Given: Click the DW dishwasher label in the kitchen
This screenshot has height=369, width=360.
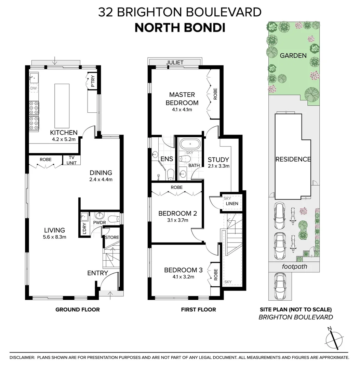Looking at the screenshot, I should tap(34, 88).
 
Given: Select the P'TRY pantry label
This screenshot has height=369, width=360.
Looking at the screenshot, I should tap(93, 81).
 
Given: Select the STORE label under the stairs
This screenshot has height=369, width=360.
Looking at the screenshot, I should tap(112, 237).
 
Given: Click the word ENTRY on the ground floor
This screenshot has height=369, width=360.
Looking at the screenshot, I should tap(97, 273).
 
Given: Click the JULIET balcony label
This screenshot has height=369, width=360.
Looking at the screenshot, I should tap(175, 63).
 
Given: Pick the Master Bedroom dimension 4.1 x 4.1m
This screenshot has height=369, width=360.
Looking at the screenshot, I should tap(182, 110).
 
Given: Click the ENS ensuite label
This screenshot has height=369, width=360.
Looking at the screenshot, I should tap(167, 159).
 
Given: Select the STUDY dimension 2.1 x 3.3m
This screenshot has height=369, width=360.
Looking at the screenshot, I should tap(218, 166).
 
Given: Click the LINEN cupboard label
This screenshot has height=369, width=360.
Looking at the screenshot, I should tap(232, 204).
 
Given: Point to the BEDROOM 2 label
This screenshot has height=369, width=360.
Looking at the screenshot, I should tap(177, 214).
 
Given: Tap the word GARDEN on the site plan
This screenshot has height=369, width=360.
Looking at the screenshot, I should tap(293, 55).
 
